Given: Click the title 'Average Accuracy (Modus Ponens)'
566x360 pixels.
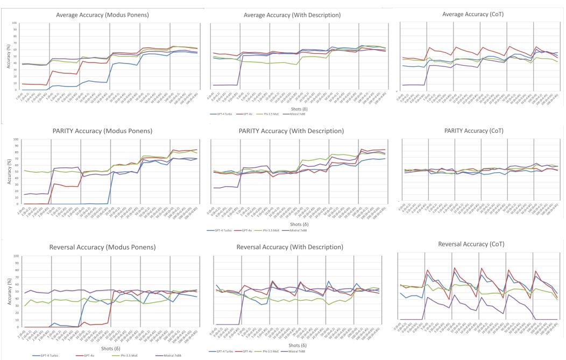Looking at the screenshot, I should tap(102, 15).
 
